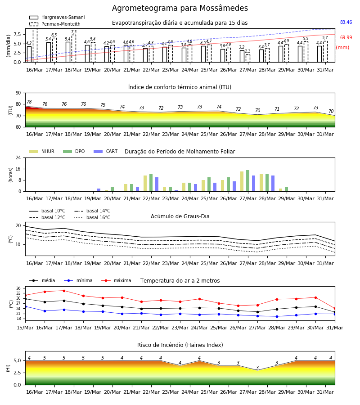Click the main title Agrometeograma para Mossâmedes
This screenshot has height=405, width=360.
point(180,8)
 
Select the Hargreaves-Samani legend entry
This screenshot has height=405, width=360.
point(57,17)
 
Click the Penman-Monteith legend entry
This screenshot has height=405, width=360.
point(55,24)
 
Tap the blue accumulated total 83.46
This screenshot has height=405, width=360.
point(346,22)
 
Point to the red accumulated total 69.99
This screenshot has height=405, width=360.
point(346,37)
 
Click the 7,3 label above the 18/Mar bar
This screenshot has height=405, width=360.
point(74,32)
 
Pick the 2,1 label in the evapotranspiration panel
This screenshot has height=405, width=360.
point(247,51)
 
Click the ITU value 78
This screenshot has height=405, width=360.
point(29,102)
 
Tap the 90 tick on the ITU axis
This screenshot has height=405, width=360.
point(18,93)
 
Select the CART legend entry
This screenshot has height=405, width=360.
point(106,151)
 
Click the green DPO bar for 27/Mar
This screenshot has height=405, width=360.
point(247,181)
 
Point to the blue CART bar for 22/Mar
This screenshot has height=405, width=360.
point(157,184)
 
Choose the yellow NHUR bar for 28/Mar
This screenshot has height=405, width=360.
point(261,183)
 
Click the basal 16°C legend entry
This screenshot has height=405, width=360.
point(92,217)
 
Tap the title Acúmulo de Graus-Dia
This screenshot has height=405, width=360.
point(180,216)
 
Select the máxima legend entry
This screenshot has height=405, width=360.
point(116,280)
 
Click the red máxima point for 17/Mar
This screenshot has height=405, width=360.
point(64,291)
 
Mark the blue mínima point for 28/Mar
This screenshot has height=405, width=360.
point(277,316)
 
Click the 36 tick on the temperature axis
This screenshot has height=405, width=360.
point(18,288)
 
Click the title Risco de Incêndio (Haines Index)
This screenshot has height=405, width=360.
point(180,345)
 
